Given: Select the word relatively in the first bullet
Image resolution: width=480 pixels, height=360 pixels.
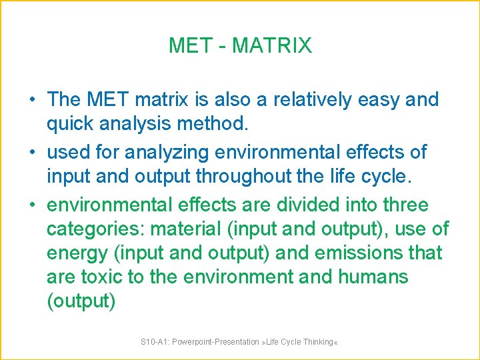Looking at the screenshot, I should point(305,100).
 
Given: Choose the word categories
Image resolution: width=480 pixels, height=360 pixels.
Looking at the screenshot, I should point(95,229).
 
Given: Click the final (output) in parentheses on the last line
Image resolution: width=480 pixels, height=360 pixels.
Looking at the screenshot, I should point(81,301).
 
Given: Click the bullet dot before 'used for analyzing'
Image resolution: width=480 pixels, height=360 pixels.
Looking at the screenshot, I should point(32,152).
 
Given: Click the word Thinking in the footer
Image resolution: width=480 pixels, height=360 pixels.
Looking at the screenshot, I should point(317,342).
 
